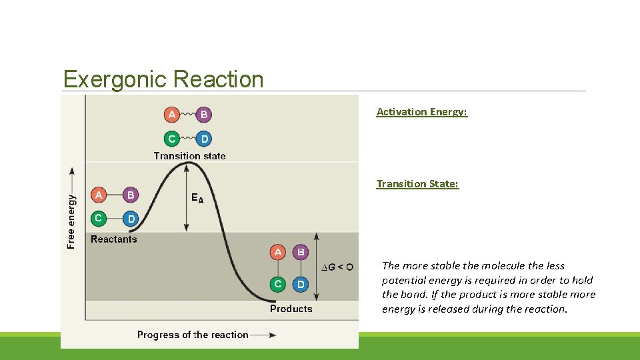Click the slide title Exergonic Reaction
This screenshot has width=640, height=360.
pos(163,79)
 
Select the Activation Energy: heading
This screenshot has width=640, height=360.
pos(421,112)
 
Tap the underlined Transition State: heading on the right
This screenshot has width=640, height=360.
pos(417,184)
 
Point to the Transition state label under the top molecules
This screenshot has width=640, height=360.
pos(189,156)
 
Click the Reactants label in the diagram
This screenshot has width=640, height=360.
pos(113,239)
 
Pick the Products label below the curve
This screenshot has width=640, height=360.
pos(291,309)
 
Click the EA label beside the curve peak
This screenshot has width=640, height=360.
pos(198,198)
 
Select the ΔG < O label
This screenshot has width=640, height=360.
pos(338,267)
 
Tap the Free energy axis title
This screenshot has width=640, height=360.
pos(71,221)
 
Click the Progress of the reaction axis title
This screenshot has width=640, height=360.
pos(193,335)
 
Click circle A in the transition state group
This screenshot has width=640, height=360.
pos(172,115)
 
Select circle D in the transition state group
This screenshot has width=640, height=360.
pos(204,139)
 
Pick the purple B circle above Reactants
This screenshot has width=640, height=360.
pos(131,195)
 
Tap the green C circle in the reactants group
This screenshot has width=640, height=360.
pos(99,218)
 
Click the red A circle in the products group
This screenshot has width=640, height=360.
pos(278,252)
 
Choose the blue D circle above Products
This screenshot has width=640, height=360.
pos(301,284)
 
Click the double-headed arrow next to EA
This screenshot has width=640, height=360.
pos(187,197)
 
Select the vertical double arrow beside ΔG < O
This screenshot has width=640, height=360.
pos(316,267)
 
